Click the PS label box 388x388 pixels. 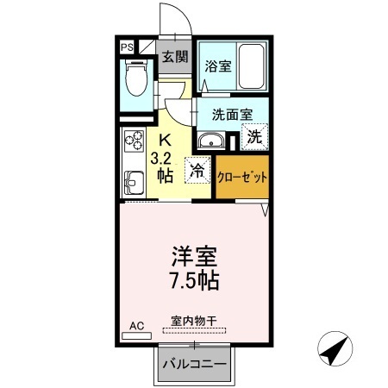coord(127,48)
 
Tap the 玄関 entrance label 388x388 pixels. coord(175,58)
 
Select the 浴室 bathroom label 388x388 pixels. coord(216,66)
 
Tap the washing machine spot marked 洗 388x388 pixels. coord(255,135)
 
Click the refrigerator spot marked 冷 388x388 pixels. coord(197,171)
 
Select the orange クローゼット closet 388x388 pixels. coord(242,176)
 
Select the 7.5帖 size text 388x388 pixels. coord(194,280)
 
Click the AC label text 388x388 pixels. coord(136,325)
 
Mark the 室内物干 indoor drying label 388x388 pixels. coord(194,320)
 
